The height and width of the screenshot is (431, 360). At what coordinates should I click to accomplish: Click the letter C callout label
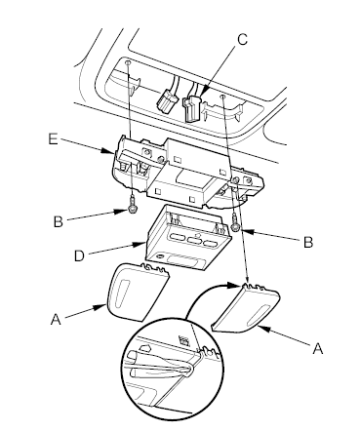tap(242, 40)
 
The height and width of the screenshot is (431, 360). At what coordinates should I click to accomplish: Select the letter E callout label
tap(53, 139)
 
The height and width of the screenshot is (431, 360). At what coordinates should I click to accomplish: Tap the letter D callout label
tap(79, 255)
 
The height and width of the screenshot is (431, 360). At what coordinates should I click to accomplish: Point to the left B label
tap(59, 221)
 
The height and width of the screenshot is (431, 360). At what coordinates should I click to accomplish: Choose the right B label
tap(308, 243)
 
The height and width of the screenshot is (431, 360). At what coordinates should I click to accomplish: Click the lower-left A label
tap(56, 319)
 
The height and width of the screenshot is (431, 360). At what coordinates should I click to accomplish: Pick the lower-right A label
tap(318, 348)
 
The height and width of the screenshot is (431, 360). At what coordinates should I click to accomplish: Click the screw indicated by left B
tap(132, 207)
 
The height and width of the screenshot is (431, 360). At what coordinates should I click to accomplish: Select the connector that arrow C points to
tap(192, 108)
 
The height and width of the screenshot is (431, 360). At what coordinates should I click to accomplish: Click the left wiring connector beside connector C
tap(167, 101)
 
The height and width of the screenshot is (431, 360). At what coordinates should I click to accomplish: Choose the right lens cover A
tap(246, 308)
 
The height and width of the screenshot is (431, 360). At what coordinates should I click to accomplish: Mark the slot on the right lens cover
tap(260, 315)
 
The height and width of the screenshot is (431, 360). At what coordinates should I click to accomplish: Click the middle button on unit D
tap(194, 241)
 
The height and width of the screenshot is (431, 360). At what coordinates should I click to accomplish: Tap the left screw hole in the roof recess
tap(128, 62)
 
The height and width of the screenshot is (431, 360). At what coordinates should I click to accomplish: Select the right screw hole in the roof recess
tap(222, 97)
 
